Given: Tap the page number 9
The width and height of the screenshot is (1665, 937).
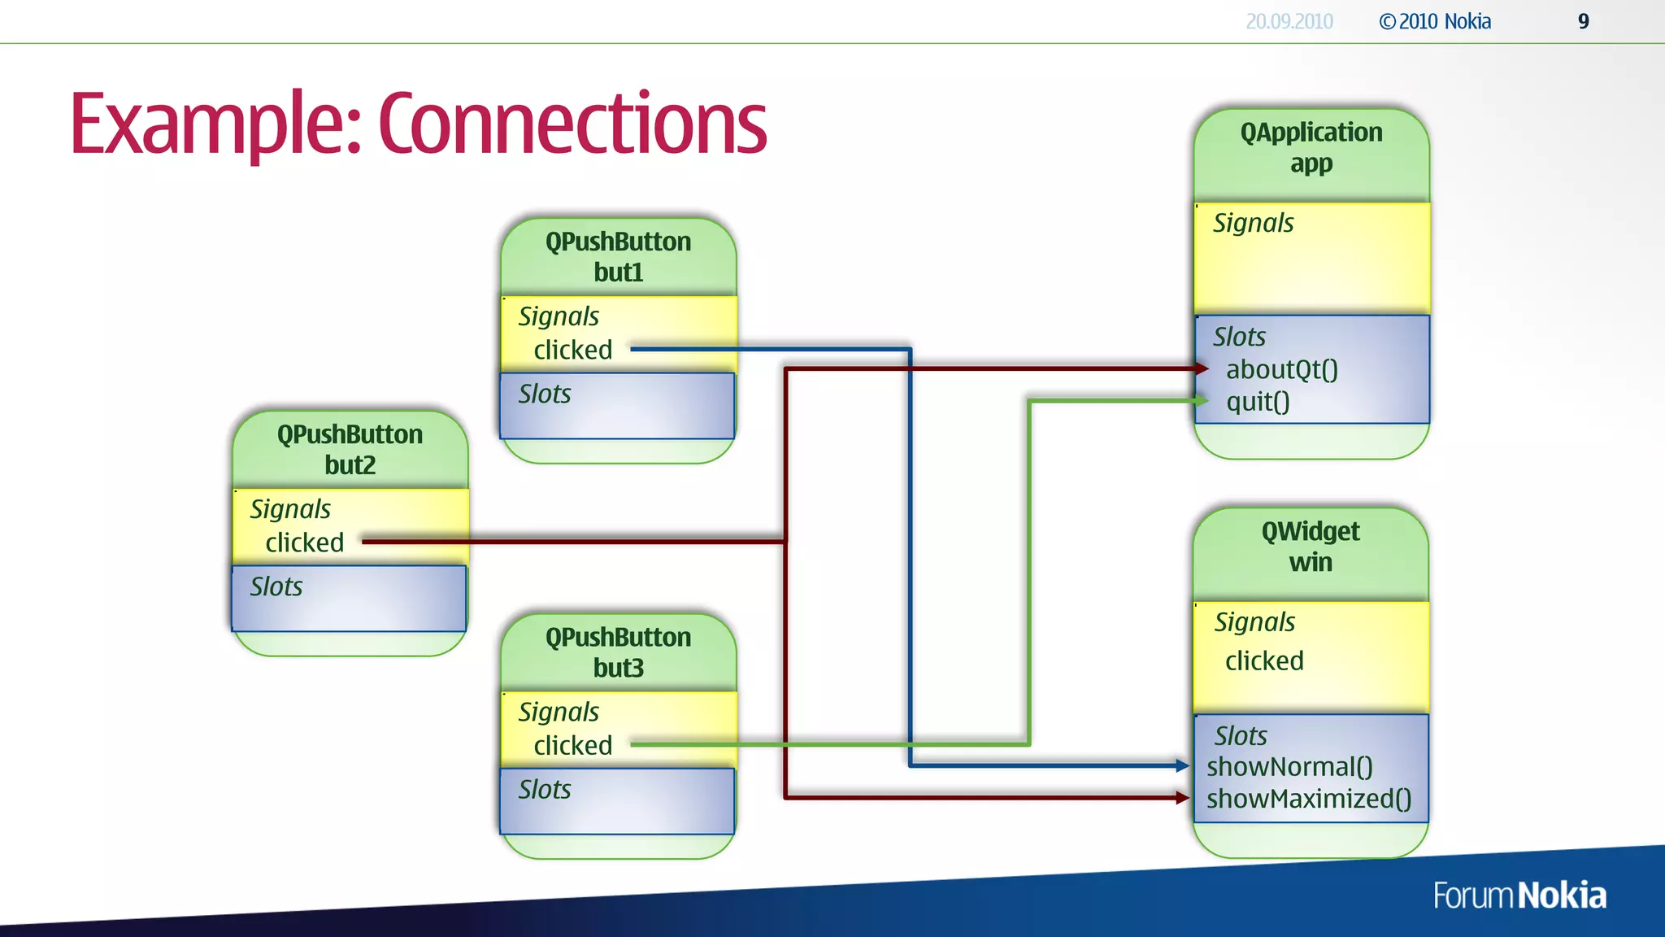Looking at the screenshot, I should point(1583,22).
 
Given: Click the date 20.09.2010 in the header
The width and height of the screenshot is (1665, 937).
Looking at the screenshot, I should point(1289,22).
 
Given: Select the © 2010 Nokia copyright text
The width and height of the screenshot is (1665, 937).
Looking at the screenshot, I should point(1435,22).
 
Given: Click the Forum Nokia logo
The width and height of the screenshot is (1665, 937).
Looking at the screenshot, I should point(1519,896).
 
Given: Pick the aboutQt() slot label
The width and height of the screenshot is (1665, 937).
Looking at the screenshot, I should point(1281,370).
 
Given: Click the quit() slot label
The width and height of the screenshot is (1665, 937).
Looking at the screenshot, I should point(1258,402).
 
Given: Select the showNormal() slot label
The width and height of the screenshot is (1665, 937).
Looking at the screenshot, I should point(1289,767).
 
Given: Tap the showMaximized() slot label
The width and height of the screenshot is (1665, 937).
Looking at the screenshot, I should point(1308,799).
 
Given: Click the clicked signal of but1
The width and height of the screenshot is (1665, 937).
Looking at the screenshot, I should point(572,350).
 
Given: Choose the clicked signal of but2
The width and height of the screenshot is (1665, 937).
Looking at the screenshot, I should point(304,543).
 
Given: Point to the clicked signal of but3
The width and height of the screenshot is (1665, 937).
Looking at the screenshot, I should point(572,745).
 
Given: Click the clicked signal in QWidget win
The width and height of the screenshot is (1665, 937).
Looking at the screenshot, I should point(1263,660).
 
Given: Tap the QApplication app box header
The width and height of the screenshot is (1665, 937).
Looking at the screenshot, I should point(1311,148).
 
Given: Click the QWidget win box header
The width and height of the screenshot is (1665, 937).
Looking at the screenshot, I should point(1310,547).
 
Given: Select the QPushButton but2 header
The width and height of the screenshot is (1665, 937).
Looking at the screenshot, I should point(350,449).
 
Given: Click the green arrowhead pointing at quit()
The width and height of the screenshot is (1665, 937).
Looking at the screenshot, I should point(1201,400).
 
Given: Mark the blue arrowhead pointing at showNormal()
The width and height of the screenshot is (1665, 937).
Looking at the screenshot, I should point(1183,765).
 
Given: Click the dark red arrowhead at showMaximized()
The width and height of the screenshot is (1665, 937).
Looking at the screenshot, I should point(1183,798).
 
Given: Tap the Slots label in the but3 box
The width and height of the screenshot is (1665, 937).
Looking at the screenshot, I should point(544,789).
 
